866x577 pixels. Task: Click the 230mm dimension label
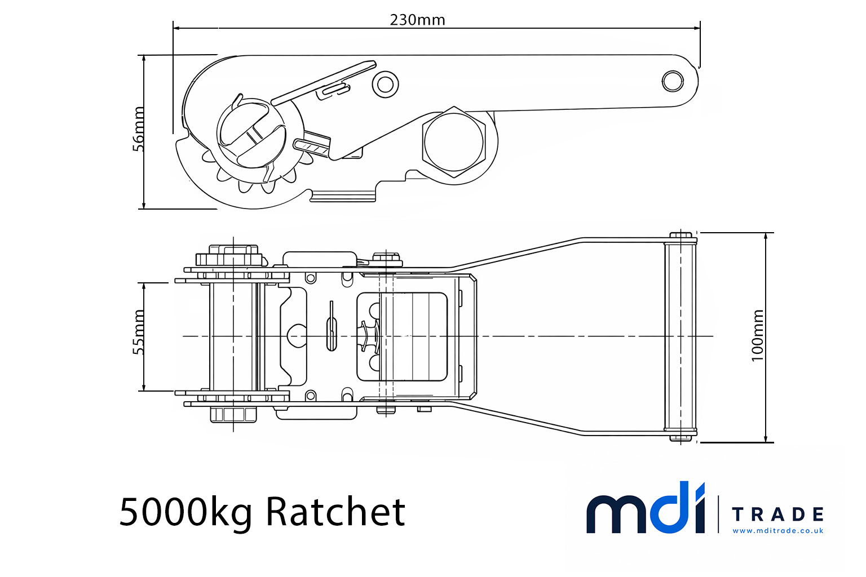tap(417, 20)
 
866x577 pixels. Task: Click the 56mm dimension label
tap(138, 129)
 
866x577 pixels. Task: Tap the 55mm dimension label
tap(138, 332)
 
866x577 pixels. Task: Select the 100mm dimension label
tap(758, 335)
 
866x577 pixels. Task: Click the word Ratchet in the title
tap(335, 512)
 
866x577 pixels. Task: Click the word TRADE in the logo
tap(777, 514)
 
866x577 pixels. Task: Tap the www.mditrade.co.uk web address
tap(777, 531)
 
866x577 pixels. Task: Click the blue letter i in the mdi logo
tap(696, 507)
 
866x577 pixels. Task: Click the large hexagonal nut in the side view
tap(453, 142)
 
